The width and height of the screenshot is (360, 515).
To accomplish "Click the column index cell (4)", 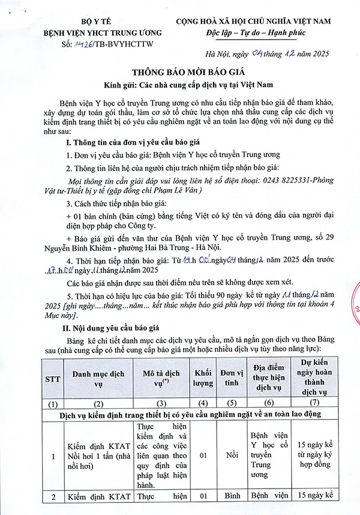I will pyautogui.click(x=203, y=403).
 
